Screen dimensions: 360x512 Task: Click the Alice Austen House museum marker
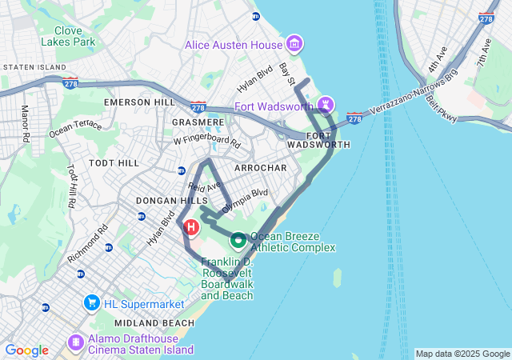[294, 42]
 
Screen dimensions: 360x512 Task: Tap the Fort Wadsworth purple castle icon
[326, 105]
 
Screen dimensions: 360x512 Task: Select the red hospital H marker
[191, 228]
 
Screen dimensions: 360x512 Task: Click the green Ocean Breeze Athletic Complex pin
[238, 238]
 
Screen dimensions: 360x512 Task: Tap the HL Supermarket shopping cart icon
[91, 304]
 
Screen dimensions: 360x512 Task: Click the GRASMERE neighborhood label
[197, 122]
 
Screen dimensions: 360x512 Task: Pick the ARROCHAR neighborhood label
[260, 168]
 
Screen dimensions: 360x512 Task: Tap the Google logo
[26, 350]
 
